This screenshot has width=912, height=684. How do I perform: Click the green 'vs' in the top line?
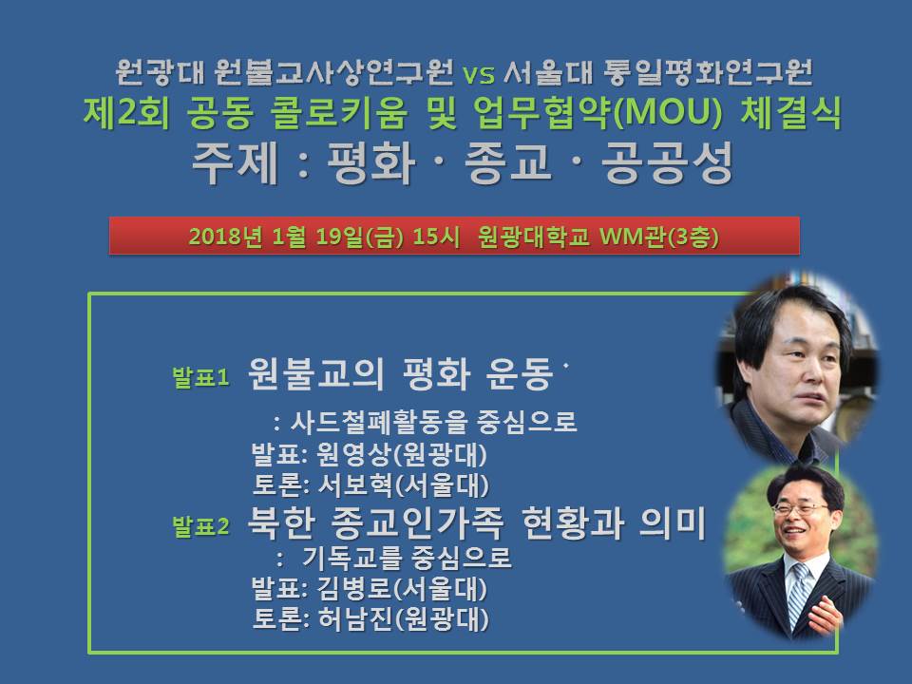coord(479,74)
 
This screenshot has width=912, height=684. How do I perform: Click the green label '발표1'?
coord(200,377)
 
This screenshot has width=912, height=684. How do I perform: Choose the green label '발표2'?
coord(200,526)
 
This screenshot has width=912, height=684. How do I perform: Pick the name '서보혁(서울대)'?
coord(403,485)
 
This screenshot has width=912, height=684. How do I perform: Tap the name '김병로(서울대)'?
coord(401,588)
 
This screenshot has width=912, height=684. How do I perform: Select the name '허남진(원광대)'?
coord(403,618)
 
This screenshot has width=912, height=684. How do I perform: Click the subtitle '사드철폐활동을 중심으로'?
coord(433,422)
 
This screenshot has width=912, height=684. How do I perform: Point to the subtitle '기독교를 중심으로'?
coord(407,558)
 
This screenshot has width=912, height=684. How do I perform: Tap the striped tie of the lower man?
coord(799,593)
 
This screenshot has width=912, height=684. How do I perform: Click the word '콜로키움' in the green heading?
coord(339,112)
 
